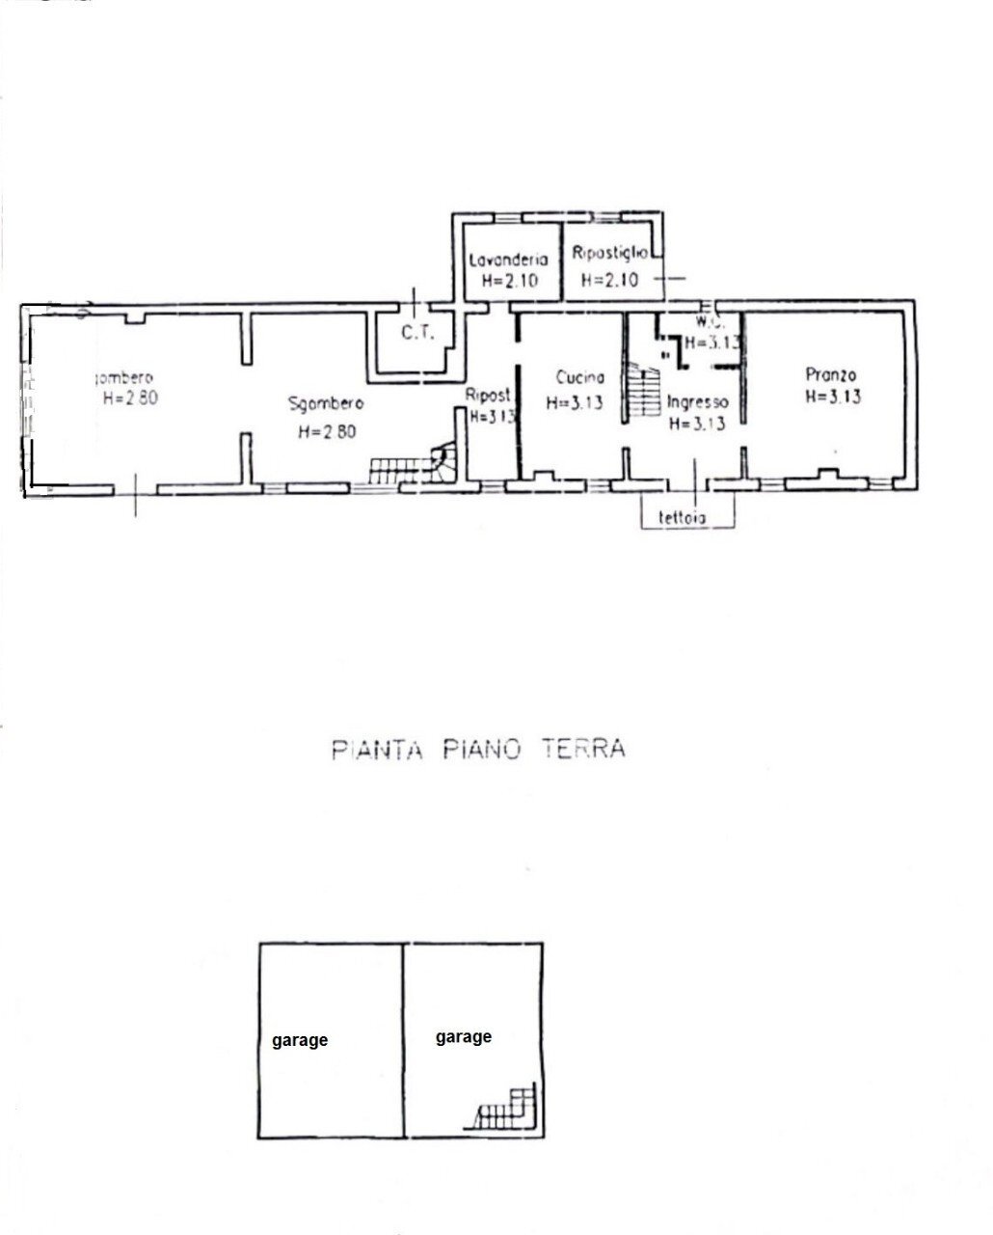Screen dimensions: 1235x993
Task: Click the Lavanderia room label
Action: tap(508, 260)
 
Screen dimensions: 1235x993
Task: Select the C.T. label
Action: tap(419, 334)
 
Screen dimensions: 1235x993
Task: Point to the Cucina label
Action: tap(580, 378)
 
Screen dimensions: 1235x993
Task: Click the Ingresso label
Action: tap(697, 402)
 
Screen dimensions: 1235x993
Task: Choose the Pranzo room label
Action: tap(831, 374)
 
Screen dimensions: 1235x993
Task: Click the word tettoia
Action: tap(683, 517)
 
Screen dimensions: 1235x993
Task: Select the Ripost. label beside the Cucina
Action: tap(487, 395)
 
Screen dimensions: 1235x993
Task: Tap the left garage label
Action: tap(299, 1040)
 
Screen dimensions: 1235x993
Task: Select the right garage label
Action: tap(464, 1036)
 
